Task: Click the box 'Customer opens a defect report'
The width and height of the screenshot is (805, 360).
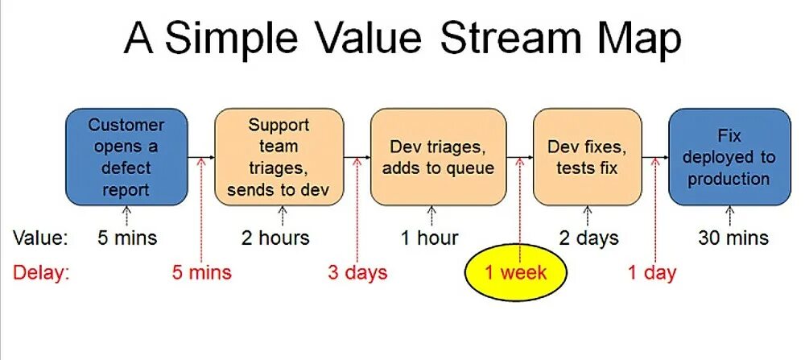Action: click(x=126, y=157)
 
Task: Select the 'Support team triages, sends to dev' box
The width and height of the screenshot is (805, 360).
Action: click(x=279, y=157)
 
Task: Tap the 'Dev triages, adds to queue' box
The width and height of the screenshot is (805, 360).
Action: click(x=438, y=157)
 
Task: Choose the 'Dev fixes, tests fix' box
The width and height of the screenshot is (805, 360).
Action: click(x=588, y=157)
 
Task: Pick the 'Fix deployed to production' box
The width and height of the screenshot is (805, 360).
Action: click(x=729, y=157)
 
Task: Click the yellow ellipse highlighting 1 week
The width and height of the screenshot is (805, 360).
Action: click(x=515, y=272)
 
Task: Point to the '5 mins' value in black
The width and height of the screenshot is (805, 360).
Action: click(x=126, y=238)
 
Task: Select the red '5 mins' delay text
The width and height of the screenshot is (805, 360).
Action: click(x=201, y=272)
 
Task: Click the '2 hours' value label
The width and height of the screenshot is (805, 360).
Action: click(x=275, y=238)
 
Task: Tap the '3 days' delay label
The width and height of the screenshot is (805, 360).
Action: click(x=357, y=272)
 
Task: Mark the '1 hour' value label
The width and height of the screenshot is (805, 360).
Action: click(x=430, y=238)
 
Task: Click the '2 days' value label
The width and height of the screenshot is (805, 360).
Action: click(x=589, y=238)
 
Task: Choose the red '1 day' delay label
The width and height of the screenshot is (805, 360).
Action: click(x=652, y=272)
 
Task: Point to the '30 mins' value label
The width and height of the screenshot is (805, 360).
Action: click(x=733, y=238)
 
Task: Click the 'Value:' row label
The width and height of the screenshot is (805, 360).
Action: click(x=41, y=238)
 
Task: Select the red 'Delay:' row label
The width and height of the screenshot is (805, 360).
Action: click(x=41, y=272)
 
